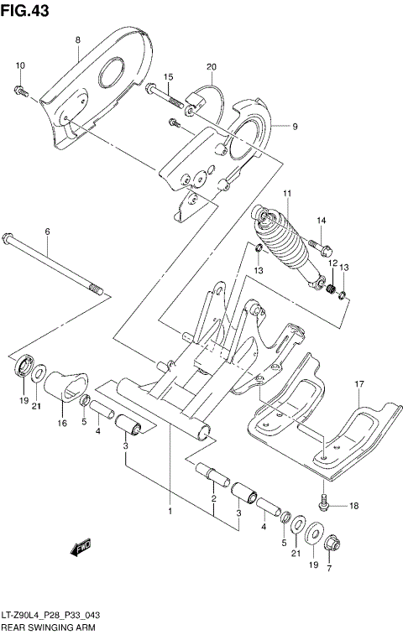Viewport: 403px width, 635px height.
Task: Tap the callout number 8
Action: tap(77, 40)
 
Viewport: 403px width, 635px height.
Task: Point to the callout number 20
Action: tap(212, 66)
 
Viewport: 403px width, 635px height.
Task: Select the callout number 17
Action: tap(359, 385)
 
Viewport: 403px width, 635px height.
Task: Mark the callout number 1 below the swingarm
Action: tap(170, 511)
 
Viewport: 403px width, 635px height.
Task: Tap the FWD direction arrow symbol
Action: tap(82, 549)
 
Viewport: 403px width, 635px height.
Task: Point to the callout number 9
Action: tap(295, 127)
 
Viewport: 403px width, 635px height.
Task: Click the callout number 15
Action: tap(168, 77)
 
